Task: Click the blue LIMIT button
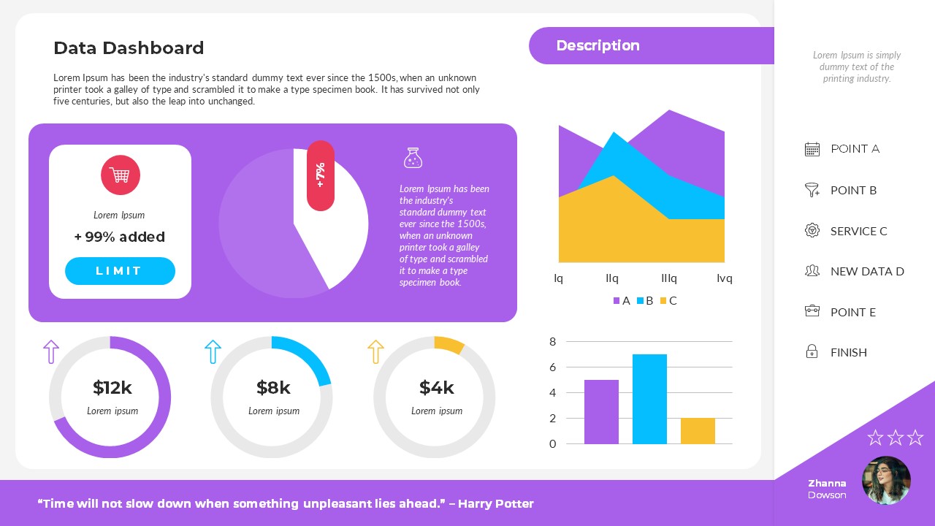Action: point(120,271)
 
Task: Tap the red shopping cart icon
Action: point(120,175)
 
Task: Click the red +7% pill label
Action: point(320,175)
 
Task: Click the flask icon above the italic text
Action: point(413,158)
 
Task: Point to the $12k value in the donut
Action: point(112,387)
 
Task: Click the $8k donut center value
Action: point(273,387)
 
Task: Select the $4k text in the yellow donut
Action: point(436,387)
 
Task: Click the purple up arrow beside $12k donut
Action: point(51,351)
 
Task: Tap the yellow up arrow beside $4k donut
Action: point(375,351)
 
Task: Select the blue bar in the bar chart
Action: point(649,399)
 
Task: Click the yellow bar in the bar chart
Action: point(698,431)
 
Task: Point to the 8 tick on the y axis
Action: point(552,341)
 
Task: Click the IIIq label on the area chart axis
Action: point(668,278)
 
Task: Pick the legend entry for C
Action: point(668,300)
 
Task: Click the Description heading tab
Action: point(598,45)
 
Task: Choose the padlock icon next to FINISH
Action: point(812,352)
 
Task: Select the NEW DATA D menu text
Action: point(867,271)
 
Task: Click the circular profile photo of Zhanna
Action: point(886,481)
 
